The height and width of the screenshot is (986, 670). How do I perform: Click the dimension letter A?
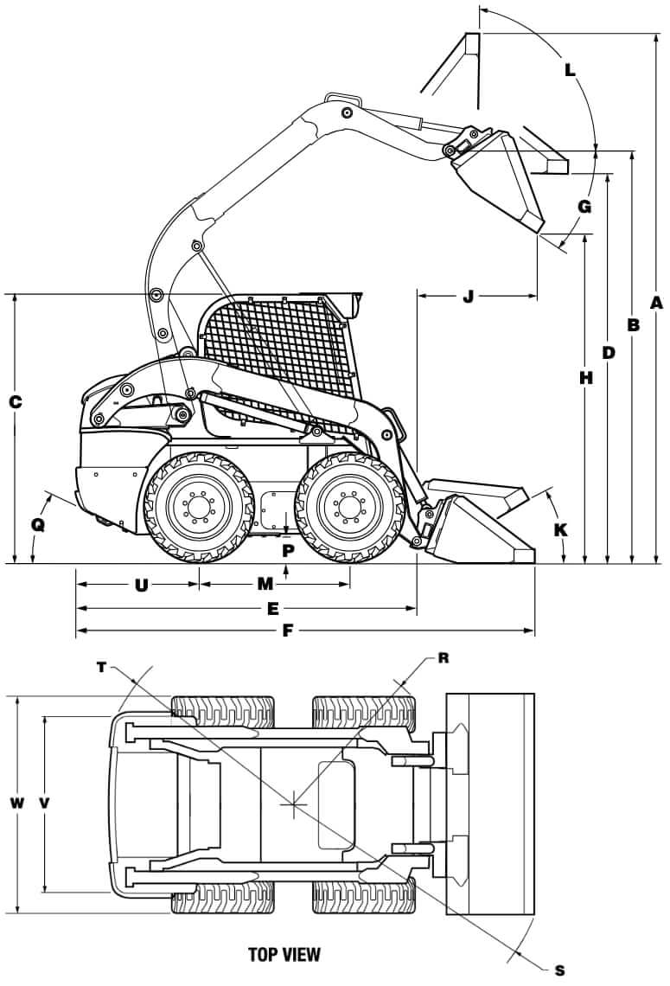click(x=656, y=303)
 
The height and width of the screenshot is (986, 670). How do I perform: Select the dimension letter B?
click(x=633, y=325)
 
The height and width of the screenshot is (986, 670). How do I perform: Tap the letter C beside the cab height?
click(x=14, y=402)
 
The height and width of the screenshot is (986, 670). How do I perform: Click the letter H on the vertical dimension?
click(x=587, y=378)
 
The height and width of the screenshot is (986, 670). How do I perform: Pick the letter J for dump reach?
click(x=469, y=297)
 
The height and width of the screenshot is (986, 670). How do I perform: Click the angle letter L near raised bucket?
click(x=570, y=69)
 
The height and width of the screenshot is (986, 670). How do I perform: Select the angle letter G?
click(x=584, y=207)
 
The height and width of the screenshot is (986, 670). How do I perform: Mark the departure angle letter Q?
click(x=37, y=525)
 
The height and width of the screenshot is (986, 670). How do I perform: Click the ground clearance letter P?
click(x=288, y=549)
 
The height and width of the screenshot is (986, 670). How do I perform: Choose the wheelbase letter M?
click(x=265, y=584)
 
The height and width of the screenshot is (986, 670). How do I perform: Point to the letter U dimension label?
click(x=141, y=585)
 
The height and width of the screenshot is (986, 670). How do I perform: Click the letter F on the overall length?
click(x=287, y=631)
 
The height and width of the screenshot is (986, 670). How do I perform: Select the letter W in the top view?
click(x=16, y=803)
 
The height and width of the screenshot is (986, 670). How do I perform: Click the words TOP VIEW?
click(x=284, y=955)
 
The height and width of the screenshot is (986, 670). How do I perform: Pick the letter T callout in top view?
click(x=102, y=667)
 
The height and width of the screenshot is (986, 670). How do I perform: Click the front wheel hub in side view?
click(x=348, y=507)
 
